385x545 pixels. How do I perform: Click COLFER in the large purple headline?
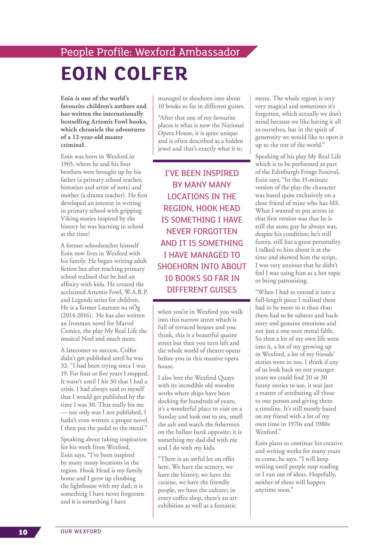click(x=151, y=74)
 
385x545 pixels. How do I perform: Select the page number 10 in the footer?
click(x=23, y=532)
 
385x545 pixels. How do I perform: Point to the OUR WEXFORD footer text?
click(x=81, y=531)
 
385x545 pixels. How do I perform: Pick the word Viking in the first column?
click(x=70, y=219)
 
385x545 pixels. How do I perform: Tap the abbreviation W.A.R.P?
click(x=136, y=292)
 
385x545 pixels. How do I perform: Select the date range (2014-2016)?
click(x=77, y=315)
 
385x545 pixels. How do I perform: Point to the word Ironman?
click(x=79, y=323)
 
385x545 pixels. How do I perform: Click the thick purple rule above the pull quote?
click(x=201, y=161)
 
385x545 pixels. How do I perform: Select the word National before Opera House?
click(x=232, y=125)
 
